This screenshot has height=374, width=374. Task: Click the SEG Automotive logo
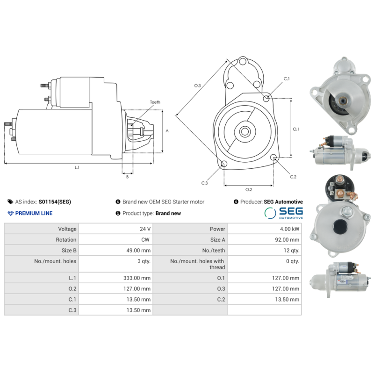[284, 213]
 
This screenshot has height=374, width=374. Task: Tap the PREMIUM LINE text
[34, 213]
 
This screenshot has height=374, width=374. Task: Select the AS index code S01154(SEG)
[55, 202]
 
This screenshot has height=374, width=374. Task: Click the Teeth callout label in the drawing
[155, 102]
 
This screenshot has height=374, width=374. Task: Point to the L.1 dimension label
[77, 167]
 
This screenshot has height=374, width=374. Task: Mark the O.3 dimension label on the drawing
[197, 86]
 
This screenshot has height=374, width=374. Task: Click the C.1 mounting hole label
[287, 79]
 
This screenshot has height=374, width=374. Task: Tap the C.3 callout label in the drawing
[204, 183]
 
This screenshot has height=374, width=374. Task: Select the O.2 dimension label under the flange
[249, 189]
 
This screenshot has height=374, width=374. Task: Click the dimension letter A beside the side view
[167, 131]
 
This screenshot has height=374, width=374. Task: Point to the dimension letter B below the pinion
[127, 177]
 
